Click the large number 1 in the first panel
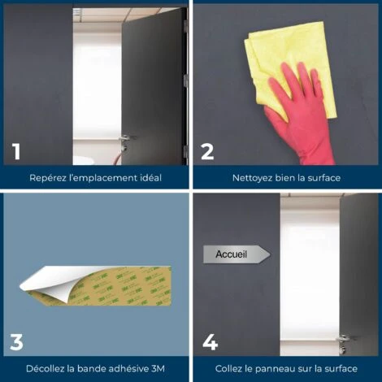17,152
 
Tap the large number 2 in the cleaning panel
207,152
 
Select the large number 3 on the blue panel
16,342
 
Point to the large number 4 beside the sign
211,342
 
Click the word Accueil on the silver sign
231,254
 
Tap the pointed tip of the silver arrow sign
270,254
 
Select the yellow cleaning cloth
290,67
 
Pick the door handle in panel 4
345,339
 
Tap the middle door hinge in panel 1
186,80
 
